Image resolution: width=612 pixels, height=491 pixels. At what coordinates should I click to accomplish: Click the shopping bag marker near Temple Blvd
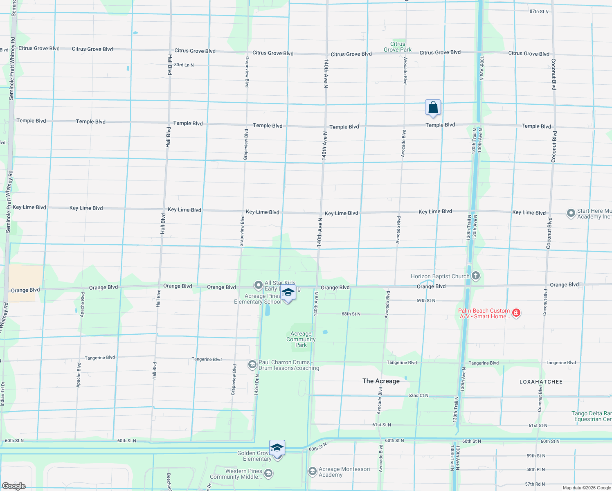(x=433, y=108)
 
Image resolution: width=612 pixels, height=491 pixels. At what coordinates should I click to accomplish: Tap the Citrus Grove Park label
(x=398, y=47)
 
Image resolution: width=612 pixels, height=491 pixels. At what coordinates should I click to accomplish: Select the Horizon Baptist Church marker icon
(x=475, y=276)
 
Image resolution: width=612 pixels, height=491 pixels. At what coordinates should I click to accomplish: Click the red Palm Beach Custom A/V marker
(x=516, y=313)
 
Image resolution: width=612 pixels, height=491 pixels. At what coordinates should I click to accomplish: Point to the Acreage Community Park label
(x=301, y=339)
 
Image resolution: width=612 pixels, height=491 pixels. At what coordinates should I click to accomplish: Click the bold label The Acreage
(x=381, y=381)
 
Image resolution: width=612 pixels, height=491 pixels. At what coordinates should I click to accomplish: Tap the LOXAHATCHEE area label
(x=541, y=382)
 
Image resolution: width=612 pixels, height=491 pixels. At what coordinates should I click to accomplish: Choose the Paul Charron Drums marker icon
(x=252, y=364)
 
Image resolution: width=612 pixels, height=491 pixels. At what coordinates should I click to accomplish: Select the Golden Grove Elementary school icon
(x=277, y=448)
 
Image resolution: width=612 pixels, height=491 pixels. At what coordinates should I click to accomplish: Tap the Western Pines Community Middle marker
(x=268, y=474)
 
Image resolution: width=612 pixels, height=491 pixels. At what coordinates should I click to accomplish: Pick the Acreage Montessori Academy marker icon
(x=313, y=472)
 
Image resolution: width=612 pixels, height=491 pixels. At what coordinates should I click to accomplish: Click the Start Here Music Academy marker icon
(x=571, y=214)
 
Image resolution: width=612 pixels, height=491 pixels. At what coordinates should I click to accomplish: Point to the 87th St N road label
(x=539, y=11)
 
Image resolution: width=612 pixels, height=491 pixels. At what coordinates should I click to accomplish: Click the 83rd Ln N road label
(x=184, y=65)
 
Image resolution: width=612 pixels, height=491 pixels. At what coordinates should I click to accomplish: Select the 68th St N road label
(x=351, y=314)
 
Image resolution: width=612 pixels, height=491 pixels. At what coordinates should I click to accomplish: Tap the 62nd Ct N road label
(x=418, y=395)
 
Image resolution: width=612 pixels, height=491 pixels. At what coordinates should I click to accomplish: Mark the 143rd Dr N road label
(x=256, y=385)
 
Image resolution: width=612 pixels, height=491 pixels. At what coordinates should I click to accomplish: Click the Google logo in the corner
(x=14, y=486)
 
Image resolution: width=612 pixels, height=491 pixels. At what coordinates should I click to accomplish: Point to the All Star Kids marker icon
(x=258, y=285)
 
